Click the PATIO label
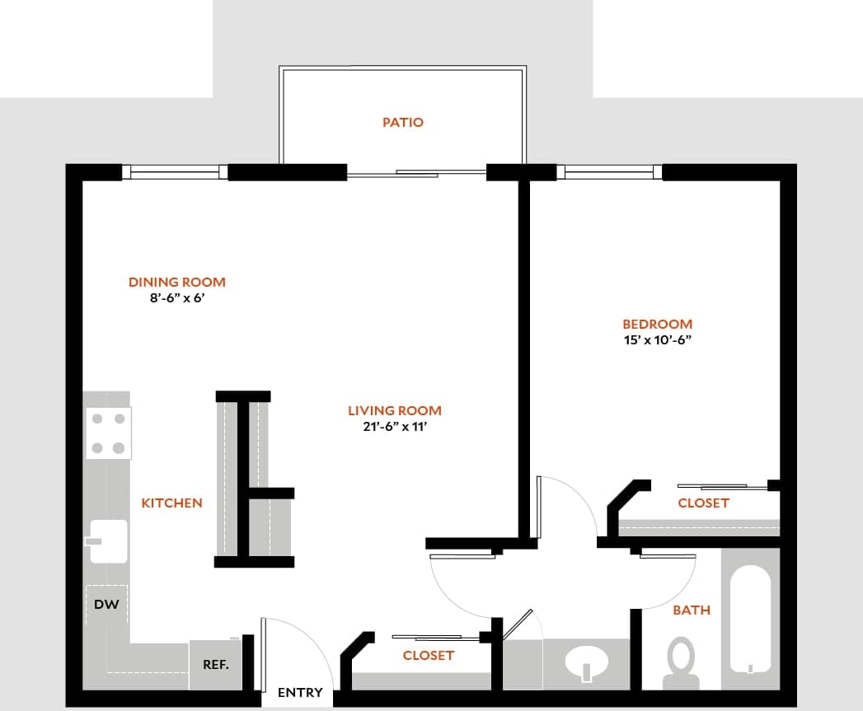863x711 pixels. tap(403, 122)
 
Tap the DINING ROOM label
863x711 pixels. tap(176, 282)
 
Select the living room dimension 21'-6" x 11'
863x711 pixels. tap(395, 427)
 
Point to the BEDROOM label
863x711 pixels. tap(657, 324)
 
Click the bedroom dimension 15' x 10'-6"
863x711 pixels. tap(657, 339)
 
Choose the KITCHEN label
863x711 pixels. tap(171, 503)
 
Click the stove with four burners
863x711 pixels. tap(109, 433)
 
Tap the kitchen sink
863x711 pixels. tap(109, 540)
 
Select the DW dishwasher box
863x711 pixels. tap(106, 605)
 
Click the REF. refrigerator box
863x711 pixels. tap(216, 663)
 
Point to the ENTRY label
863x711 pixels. tap(300, 693)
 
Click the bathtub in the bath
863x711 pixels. tap(750, 618)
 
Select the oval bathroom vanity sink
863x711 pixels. tap(588, 661)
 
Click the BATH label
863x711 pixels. tap(692, 610)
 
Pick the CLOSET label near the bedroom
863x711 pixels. tap(703, 503)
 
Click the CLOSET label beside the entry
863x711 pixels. tap(429, 655)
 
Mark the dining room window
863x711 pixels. tap(176, 172)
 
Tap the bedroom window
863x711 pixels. tap(610, 172)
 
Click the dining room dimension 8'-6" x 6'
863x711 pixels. tap(176, 298)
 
